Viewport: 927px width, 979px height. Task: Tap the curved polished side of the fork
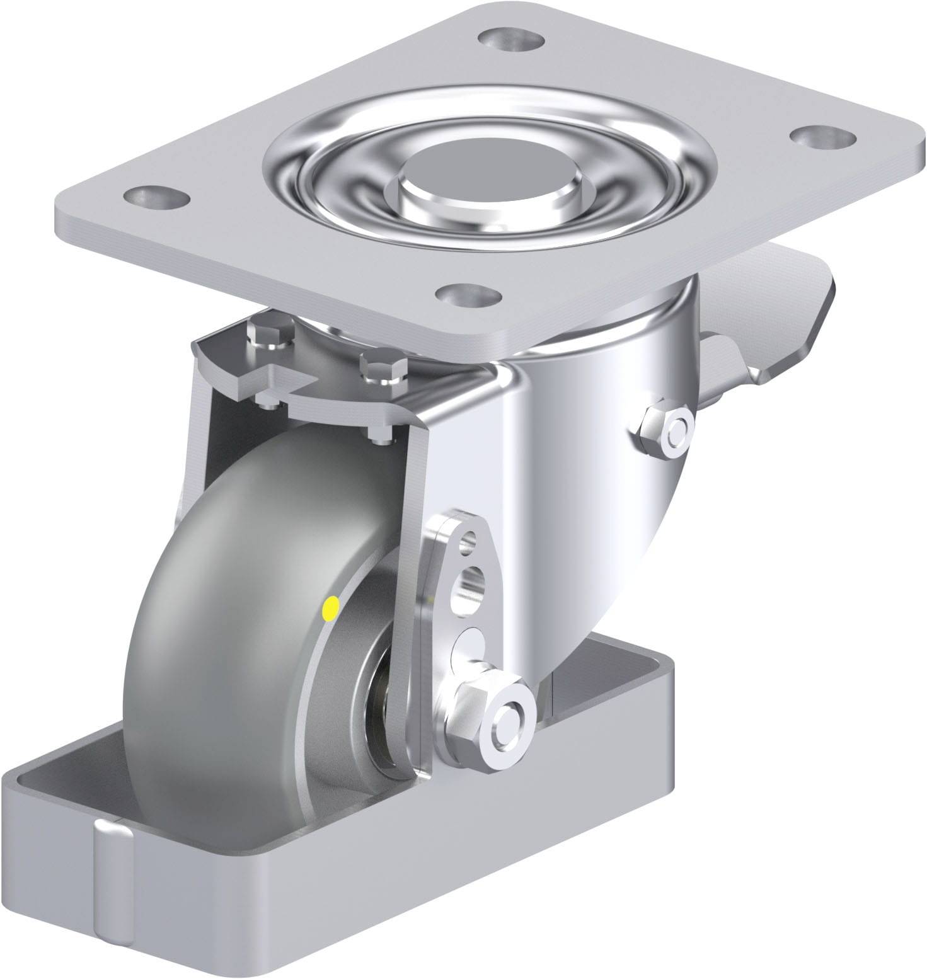pos(586,504)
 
